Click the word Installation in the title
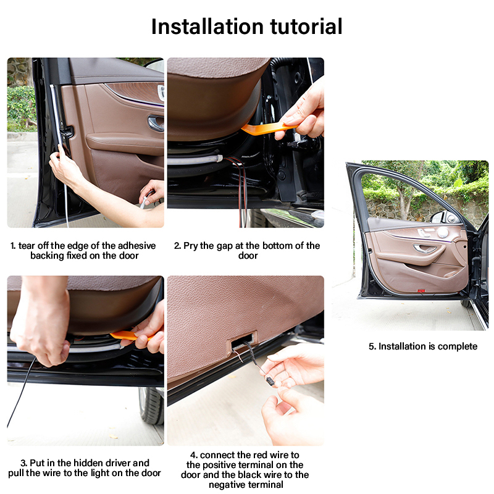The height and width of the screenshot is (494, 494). pos(207,27)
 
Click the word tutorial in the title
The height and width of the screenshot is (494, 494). pos(306,27)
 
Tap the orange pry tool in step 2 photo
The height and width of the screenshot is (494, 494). pos(268,128)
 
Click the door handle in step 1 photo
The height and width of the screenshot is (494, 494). pos(156,123)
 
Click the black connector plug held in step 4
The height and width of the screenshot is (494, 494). pos(270,382)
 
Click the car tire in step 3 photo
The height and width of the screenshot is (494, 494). pos(152,406)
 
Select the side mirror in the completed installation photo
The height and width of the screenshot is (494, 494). pos(440,217)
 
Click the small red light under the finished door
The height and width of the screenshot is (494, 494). pos(421,290)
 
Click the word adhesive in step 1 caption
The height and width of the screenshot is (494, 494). pos(136,246)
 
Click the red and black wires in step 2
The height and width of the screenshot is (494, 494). pos(241,189)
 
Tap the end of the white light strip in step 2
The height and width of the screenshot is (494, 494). pos(220,158)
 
